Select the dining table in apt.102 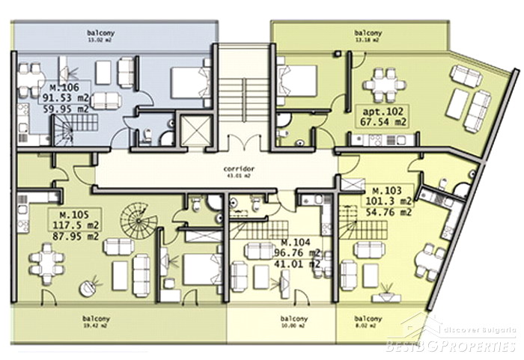383,84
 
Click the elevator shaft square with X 194,130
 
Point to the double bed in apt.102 294,81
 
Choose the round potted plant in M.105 93,284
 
